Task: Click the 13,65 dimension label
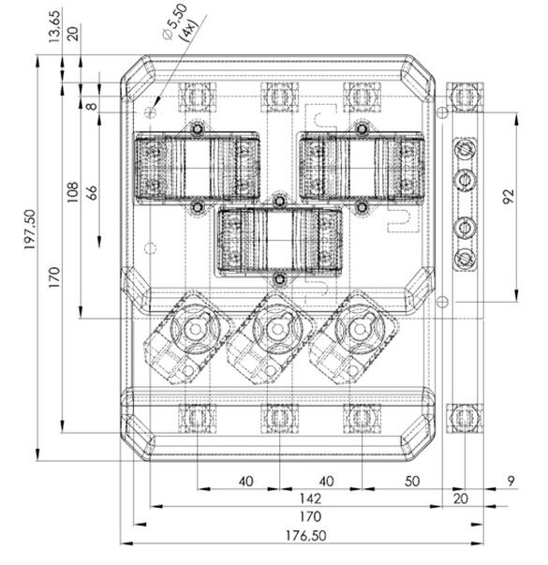click(x=54, y=26)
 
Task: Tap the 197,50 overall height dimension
click(x=30, y=230)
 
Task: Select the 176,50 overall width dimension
click(x=306, y=536)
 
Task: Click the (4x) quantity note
click(x=190, y=30)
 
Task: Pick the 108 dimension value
click(x=72, y=192)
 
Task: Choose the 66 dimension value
click(x=92, y=193)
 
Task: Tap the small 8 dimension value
click(x=93, y=106)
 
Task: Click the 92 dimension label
click(x=509, y=197)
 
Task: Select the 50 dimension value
click(x=412, y=482)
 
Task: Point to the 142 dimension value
click(x=310, y=498)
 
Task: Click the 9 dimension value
click(x=511, y=481)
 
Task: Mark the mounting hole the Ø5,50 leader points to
click(x=150, y=112)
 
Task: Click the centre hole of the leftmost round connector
click(x=195, y=329)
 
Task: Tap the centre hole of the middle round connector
click(x=276, y=329)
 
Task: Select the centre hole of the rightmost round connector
click(x=359, y=329)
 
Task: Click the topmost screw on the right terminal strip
click(x=465, y=148)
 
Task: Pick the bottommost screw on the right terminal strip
click(x=465, y=259)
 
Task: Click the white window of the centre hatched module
click(x=279, y=241)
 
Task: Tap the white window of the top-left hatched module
click(x=197, y=168)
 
